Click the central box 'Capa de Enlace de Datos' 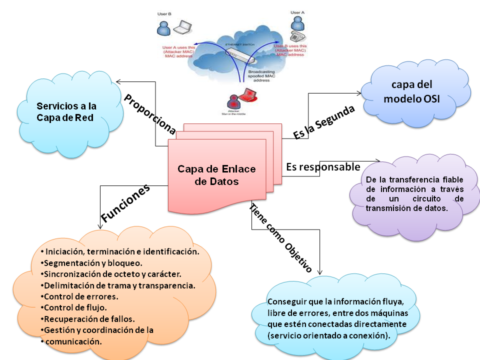(x=216, y=175)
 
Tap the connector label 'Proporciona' (x=150, y=114)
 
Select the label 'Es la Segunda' (x=324, y=121)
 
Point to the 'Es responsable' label (x=323, y=166)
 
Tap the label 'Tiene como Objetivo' (x=280, y=238)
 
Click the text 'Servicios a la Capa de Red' (x=66, y=112)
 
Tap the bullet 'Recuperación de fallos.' (x=89, y=318)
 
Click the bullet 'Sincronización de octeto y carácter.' (x=110, y=274)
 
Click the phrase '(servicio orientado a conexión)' (x=329, y=335)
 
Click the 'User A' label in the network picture (x=296, y=12)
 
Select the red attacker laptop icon (x=249, y=96)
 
